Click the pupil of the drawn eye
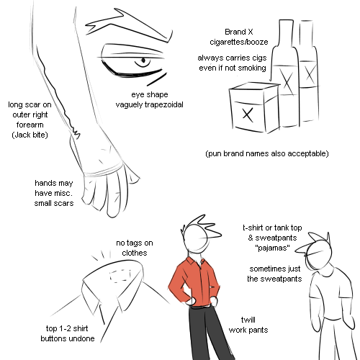click(143, 60)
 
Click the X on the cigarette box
click(248, 114)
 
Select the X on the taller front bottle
click(287, 82)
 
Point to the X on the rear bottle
click(310, 74)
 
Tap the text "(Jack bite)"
click(30, 135)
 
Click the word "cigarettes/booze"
click(239, 42)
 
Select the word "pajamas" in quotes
click(272, 248)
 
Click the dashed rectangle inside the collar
click(121, 275)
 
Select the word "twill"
click(248, 320)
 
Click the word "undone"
click(82, 338)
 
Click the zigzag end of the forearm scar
click(76, 134)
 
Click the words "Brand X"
click(239, 32)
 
